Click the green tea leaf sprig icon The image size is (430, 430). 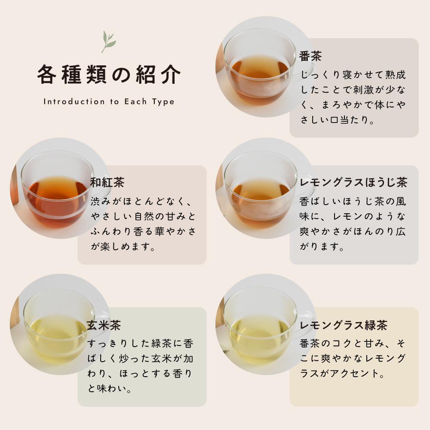(108, 42)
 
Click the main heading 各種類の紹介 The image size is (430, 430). (109, 74)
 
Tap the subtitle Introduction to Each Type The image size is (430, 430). (109, 102)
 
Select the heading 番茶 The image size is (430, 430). (310, 56)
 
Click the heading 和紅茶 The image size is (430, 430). (107, 182)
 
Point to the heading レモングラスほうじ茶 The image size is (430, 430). (353, 182)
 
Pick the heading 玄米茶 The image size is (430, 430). (104, 326)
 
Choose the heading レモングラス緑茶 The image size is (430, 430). (343, 326)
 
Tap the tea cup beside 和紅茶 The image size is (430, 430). (59, 189)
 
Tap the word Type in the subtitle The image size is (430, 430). (163, 102)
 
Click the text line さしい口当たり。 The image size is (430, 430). (337, 120)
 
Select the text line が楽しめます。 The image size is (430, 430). (123, 246)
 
